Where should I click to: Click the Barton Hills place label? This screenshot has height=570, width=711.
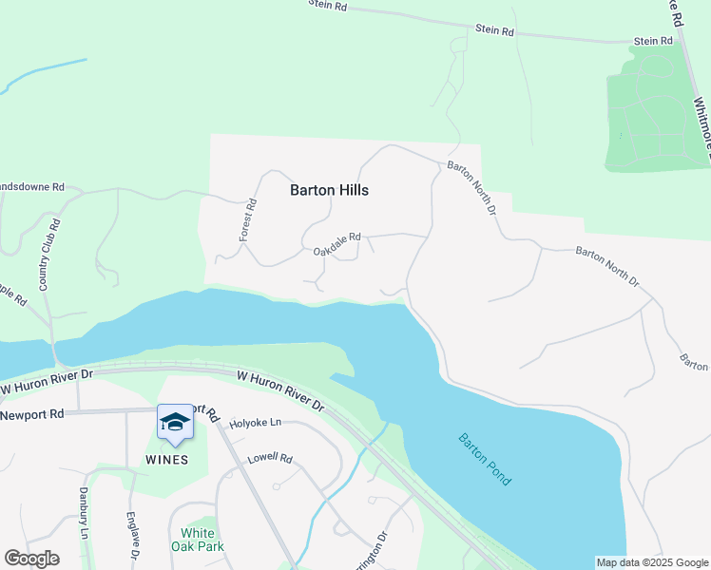(329, 190)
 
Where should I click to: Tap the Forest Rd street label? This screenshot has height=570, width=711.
(249, 218)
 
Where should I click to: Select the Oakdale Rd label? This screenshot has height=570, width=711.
(337, 244)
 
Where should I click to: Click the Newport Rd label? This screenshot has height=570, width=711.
(31, 414)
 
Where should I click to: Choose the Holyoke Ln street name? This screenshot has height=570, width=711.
(257, 423)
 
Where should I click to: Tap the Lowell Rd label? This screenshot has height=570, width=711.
(270, 457)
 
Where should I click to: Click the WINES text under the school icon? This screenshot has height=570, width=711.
(165, 460)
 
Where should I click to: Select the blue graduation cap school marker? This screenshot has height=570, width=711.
(175, 422)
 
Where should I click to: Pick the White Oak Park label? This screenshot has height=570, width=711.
(197, 540)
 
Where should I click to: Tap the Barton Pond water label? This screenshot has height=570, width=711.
(485, 460)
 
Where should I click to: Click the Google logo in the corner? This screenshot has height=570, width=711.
(31, 559)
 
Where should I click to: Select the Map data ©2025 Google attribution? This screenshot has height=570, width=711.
(651, 562)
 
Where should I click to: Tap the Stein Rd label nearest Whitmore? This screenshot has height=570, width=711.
(653, 42)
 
